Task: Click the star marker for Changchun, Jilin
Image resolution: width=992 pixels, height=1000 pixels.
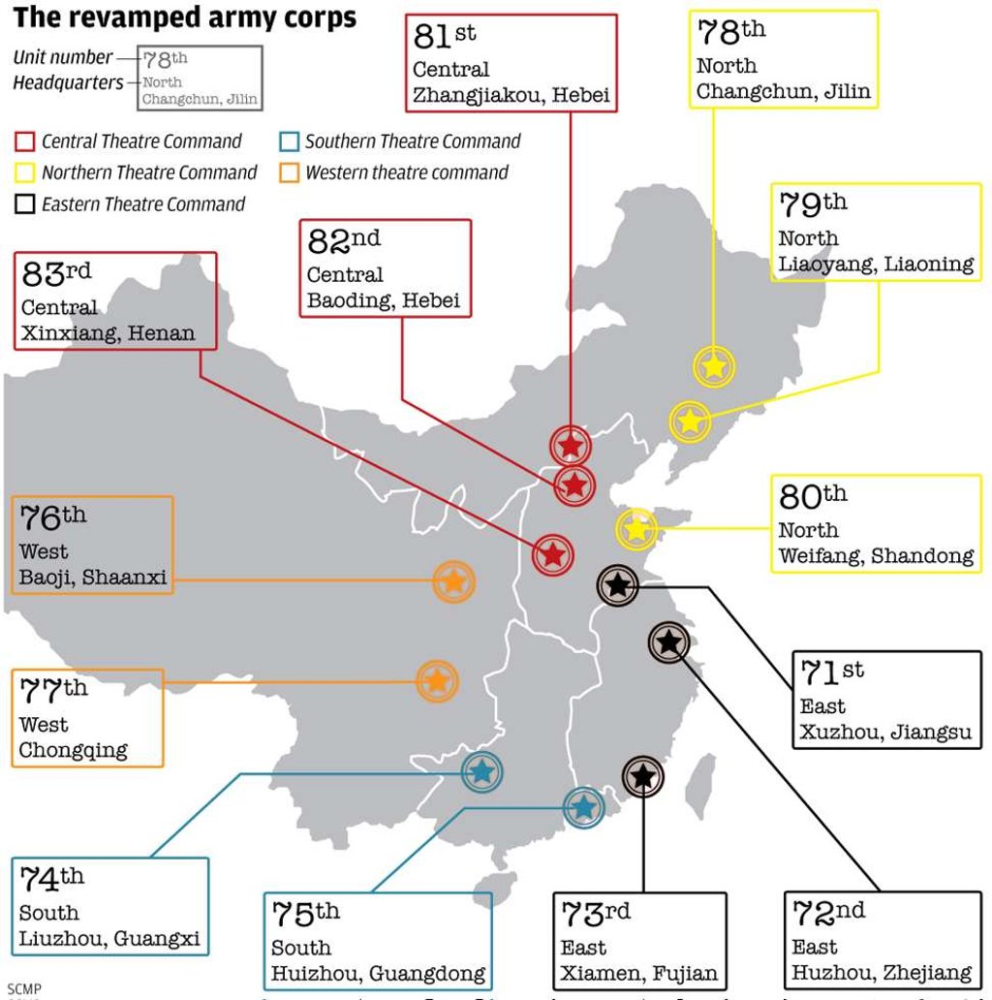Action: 714,367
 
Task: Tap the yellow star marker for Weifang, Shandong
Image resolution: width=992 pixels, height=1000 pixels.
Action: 636,529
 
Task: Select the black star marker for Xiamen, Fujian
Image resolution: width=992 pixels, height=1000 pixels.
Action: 642,775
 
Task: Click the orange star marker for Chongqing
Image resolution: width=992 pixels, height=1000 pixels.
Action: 437,681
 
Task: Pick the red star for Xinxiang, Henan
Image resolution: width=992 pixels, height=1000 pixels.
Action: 552,555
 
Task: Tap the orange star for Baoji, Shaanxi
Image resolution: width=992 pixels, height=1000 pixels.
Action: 452,581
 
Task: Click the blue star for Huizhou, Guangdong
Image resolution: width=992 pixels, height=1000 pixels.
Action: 582,807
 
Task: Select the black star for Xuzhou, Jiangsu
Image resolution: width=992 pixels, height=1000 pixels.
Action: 617,584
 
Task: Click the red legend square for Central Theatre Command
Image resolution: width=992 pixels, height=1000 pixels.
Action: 25,142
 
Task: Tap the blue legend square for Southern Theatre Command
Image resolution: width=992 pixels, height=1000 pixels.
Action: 289,142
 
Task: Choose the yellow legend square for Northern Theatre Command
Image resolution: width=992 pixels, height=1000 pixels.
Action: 25,173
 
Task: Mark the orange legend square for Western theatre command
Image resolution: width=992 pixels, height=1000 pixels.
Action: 289,173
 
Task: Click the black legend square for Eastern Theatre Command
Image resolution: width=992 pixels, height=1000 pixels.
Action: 25,204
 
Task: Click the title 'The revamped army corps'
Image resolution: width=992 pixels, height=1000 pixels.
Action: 184,17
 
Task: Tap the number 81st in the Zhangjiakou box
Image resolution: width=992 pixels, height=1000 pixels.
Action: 445,37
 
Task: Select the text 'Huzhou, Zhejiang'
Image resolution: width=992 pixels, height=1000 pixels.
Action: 882,972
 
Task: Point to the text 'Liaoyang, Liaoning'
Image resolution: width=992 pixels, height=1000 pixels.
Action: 876,264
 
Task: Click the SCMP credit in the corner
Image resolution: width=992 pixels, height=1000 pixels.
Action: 20,988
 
